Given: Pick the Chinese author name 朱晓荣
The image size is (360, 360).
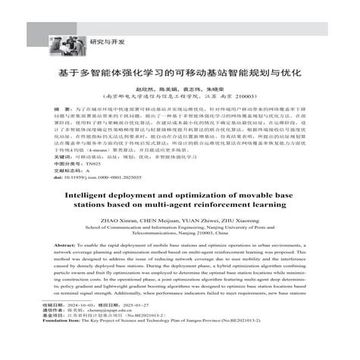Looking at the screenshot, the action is [x=217, y=88].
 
